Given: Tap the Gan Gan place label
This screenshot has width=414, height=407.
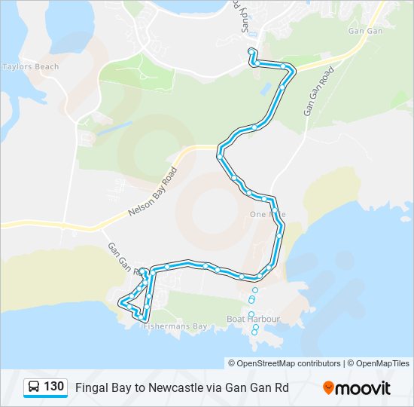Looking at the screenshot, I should click(x=366, y=32).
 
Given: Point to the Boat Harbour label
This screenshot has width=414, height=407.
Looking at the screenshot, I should click(x=253, y=320).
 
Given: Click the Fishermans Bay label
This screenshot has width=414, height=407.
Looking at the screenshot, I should click(x=175, y=326).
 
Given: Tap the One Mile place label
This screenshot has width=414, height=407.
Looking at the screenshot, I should click(x=267, y=215).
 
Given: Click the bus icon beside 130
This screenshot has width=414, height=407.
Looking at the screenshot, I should click(x=34, y=387).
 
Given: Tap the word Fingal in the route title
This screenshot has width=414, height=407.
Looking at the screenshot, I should click(x=90, y=388).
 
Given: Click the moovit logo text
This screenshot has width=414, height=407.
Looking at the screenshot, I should click(x=364, y=388).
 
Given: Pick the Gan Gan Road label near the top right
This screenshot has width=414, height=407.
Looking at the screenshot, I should click(x=318, y=91).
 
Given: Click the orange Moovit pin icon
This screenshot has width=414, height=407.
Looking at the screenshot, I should click(x=328, y=388).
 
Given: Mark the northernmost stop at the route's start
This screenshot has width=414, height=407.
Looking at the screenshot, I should click(x=251, y=51).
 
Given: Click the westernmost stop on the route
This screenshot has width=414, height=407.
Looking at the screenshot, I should click(x=120, y=302).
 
